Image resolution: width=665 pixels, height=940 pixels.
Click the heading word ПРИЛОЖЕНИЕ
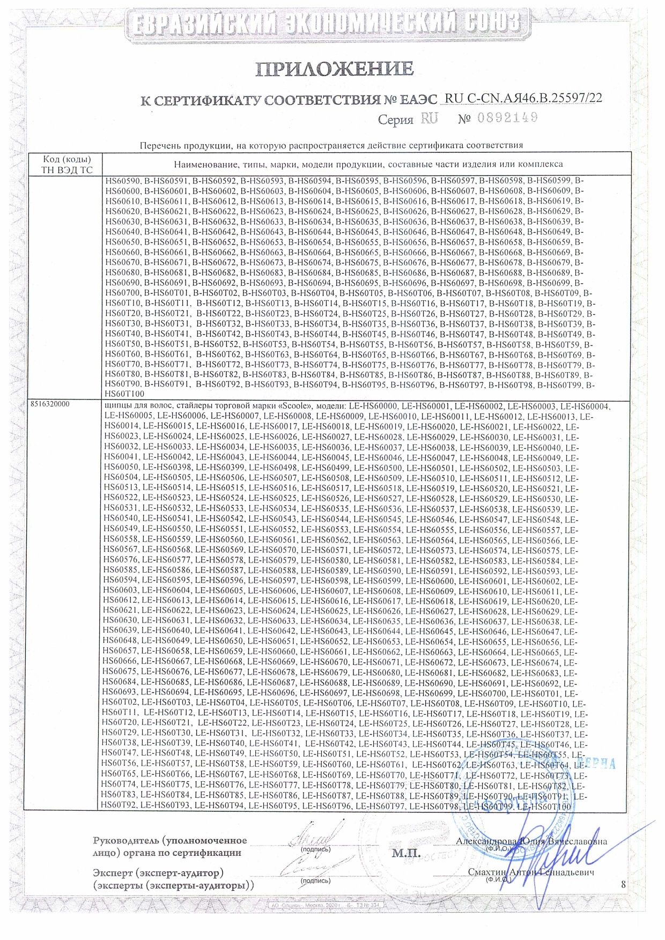(x=334, y=69)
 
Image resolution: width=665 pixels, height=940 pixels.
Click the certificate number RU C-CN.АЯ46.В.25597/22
(x=523, y=98)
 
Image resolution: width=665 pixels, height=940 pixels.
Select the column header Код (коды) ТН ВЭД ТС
(x=67, y=165)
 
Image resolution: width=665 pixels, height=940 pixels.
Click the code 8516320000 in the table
(x=51, y=406)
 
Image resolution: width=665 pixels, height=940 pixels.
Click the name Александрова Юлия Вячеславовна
(x=531, y=841)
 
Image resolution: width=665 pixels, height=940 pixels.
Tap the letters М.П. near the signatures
(x=406, y=853)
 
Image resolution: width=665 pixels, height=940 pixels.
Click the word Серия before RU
(x=395, y=120)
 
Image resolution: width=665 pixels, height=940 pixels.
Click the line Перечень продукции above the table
(x=331, y=145)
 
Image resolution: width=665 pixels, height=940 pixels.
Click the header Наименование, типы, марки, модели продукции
(x=368, y=164)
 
